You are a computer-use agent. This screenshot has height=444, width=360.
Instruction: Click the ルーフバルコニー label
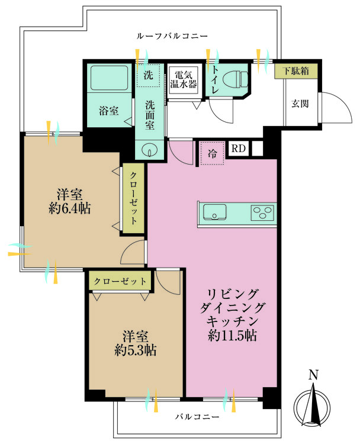click(x=172, y=36)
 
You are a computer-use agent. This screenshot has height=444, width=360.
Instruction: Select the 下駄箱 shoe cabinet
click(x=296, y=71)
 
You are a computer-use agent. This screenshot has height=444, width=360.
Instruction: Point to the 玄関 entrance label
click(x=300, y=104)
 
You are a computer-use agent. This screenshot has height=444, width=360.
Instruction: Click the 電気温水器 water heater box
click(x=184, y=80)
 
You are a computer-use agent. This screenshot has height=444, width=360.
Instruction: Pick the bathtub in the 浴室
click(x=110, y=78)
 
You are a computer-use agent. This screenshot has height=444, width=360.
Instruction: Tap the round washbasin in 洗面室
click(x=149, y=150)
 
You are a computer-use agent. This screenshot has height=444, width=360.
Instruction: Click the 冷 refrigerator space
click(x=213, y=153)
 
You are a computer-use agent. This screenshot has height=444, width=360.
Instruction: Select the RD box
click(x=239, y=149)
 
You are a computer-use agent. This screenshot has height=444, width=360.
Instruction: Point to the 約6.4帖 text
click(x=70, y=209)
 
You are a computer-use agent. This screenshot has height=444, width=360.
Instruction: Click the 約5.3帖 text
click(x=136, y=350)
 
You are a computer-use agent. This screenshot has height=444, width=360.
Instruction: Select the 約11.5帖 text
click(x=232, y=335)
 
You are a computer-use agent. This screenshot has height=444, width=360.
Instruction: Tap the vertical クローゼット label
click(x=133, y=198)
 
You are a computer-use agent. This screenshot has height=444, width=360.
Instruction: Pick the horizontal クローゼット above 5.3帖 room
click(x=120, y=281)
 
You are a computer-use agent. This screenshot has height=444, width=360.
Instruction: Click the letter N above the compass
click(x=313, y=375)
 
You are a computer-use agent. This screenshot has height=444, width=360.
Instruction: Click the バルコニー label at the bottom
click(x=197, y=417)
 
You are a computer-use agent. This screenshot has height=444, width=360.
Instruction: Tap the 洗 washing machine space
click(x=149, y=75)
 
